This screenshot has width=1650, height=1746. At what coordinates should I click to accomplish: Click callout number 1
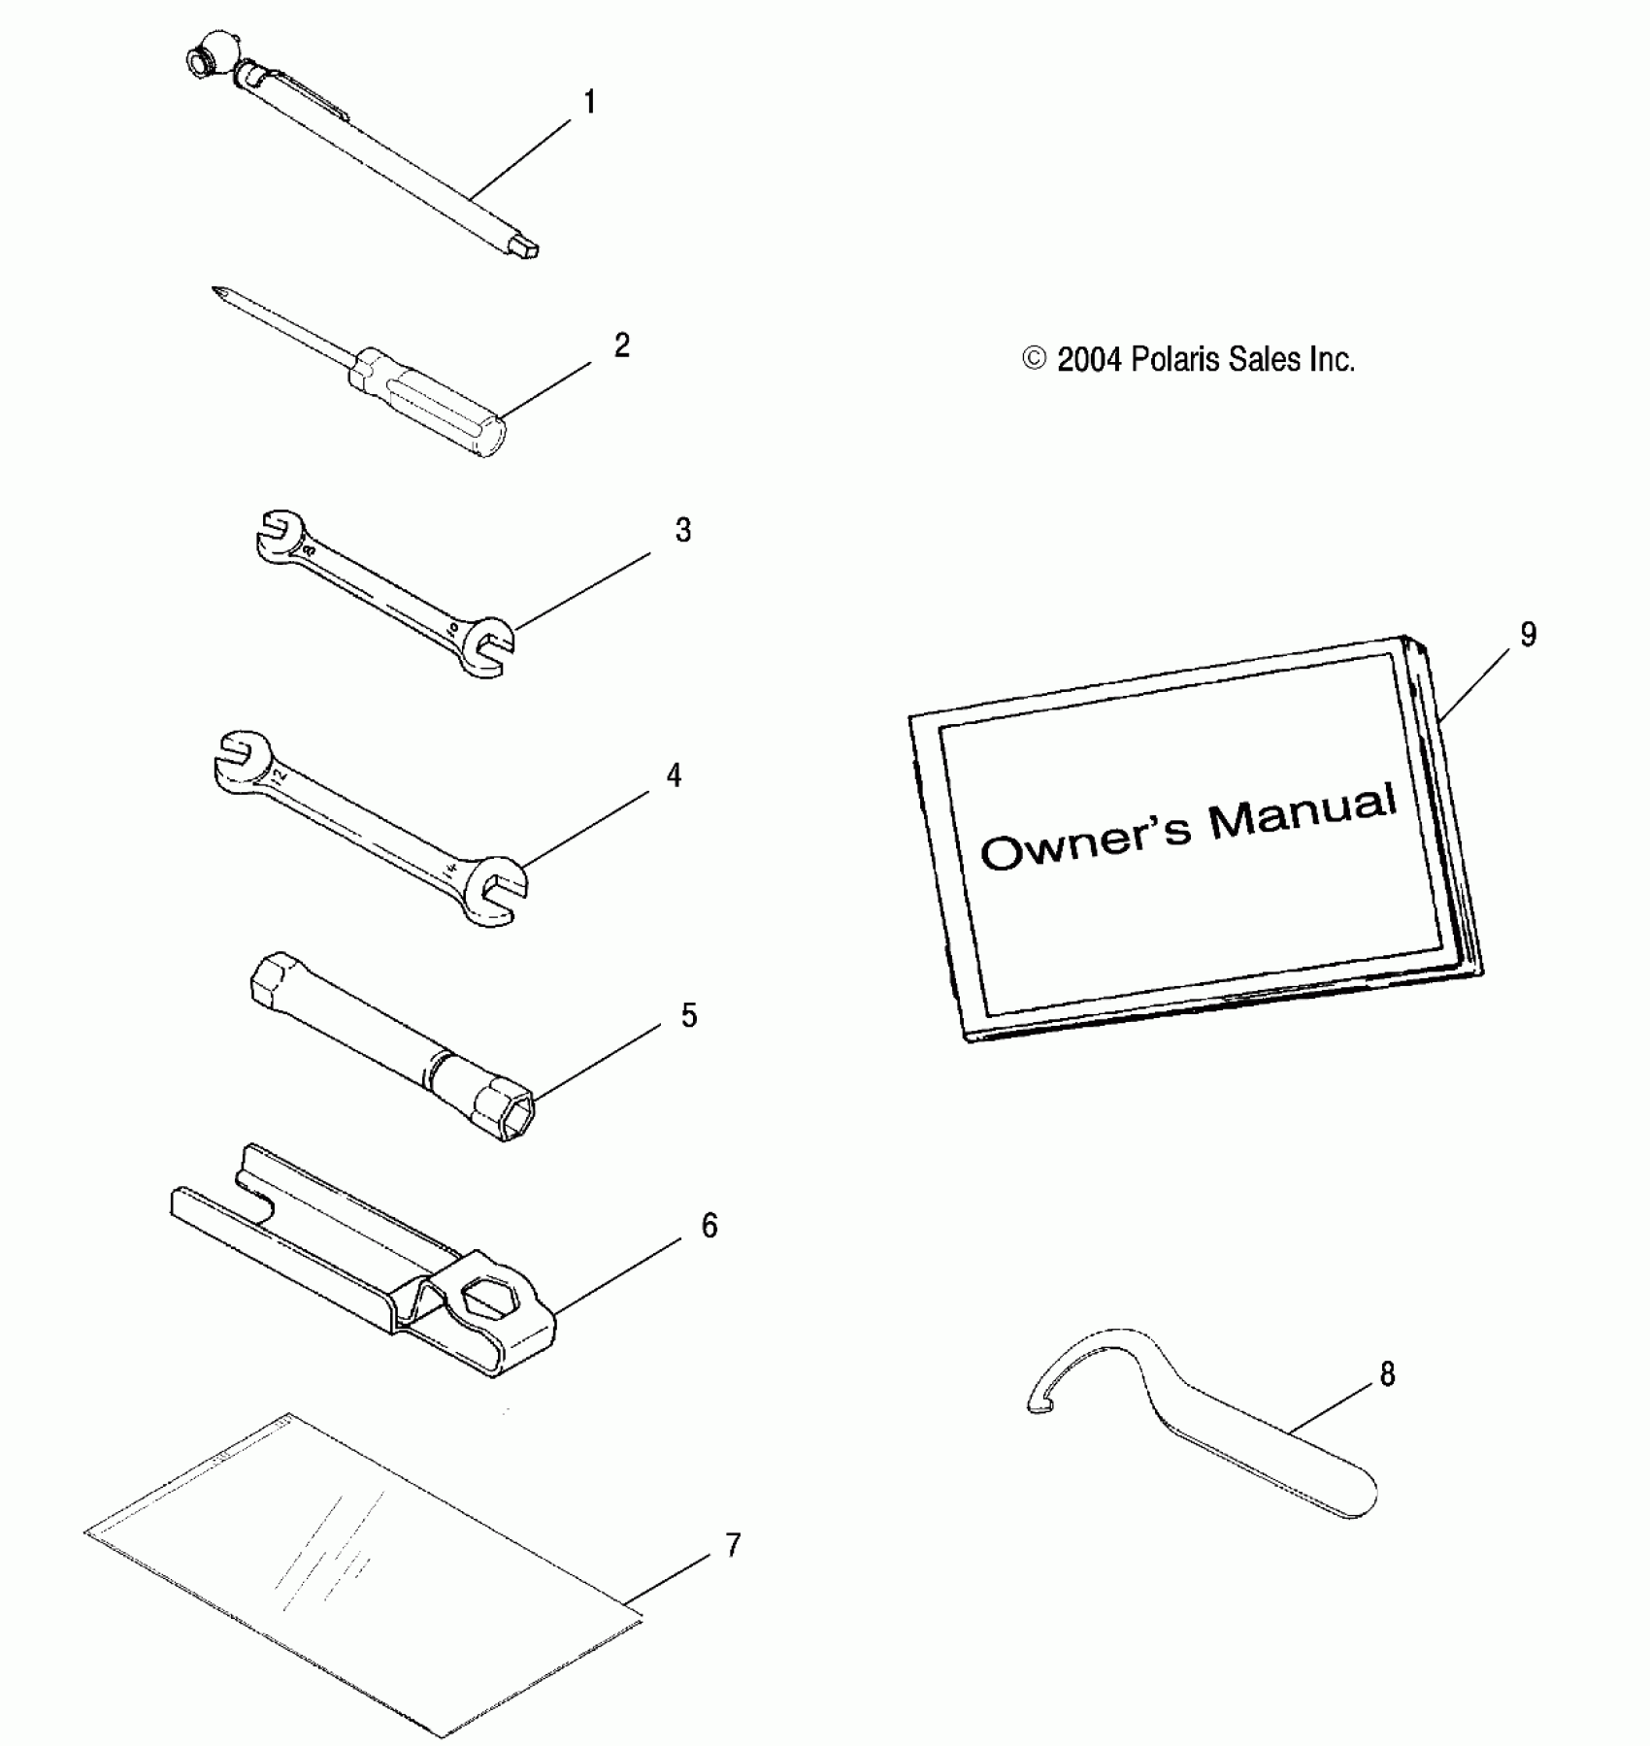pos(588,102)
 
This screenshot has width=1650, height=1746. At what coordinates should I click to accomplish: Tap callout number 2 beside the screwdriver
pos(622,345)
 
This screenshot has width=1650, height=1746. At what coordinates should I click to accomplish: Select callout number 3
pos(683,530)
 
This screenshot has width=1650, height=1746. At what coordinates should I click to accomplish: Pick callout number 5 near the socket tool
pos(688,1015)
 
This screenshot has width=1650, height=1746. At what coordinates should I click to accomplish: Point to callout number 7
pos(733,1545)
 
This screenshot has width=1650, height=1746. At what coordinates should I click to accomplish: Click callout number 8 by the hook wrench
pos(1387,1374)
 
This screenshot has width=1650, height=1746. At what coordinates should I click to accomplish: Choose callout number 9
pos(1529,635)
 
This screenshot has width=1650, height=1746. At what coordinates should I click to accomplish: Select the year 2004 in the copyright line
pos(1089,360)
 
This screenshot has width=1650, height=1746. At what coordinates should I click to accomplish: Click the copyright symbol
pos(1035,359)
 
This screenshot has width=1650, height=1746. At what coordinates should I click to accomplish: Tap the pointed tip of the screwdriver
pos(216,290)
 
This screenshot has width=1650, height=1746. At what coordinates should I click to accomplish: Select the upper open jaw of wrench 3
pos(281,529)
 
